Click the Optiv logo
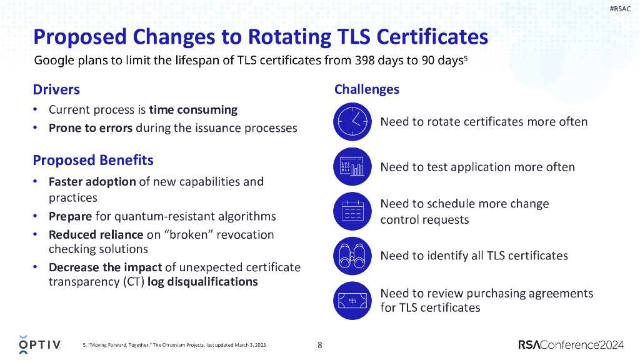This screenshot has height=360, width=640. [x=39, y=344]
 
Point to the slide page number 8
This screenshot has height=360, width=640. [x=320, y=345]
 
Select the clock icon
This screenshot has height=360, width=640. [x=352, y=121]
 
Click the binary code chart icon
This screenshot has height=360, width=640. [x=352, y=167]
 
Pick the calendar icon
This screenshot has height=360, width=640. [x=352, y=211]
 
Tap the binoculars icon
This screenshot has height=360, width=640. [x=352, y=256]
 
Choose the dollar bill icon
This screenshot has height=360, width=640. [x=352, y=300]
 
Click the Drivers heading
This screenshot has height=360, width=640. [x=56, y=89]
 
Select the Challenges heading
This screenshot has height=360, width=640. [x=367, y=89]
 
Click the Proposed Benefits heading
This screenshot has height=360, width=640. [x=93, y=160]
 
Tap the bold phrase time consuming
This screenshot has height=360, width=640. [x=193, y=109]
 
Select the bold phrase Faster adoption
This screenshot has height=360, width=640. [x=92, y=181]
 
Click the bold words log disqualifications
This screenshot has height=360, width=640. [x=202, y=281]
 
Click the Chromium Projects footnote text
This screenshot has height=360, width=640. [x=175, y=345]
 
